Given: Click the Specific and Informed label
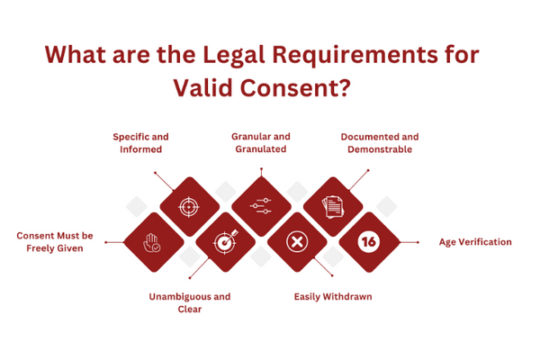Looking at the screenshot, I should tap(140, 143).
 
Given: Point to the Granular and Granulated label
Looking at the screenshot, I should tap(260, 143).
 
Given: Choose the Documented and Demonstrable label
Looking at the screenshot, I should tap(379, 143).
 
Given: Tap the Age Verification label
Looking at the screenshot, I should tap(474, 241).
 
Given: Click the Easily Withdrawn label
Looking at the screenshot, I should tap(333, 296).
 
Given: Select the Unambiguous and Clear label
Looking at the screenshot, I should tap(189, 302).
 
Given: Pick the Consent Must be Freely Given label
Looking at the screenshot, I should tap(61, 241).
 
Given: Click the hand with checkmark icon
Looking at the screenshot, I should tap(151, 241).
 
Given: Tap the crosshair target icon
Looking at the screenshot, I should tap(188, 206).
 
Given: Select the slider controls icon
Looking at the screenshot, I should tap(260, 206).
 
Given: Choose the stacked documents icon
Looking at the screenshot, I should tap(332, 206).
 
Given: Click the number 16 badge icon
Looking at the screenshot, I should tap(367, 241).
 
